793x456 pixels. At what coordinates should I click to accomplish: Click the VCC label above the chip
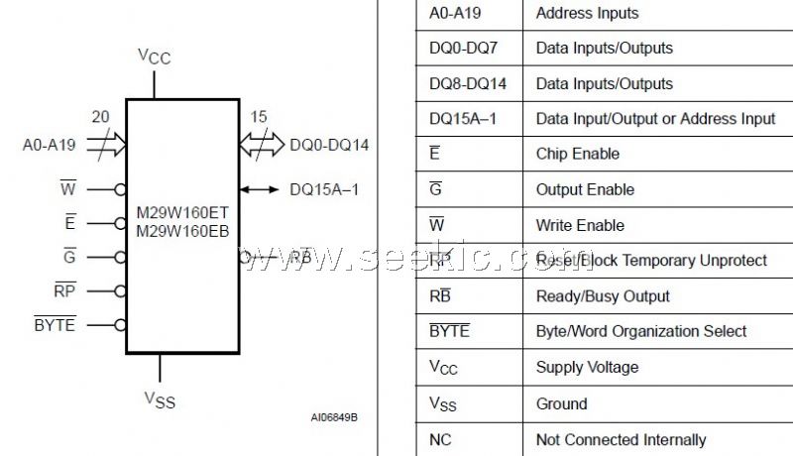tap(154, 57)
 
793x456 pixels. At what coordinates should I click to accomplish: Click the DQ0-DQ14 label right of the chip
tap(329, 145)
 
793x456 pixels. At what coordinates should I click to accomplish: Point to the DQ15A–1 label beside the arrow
tap(324, 187)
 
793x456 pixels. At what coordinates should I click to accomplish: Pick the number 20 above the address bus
tap(100, 117)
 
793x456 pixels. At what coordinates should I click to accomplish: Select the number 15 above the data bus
tap(258, 117)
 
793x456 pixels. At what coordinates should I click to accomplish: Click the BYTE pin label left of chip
tap(55, 323)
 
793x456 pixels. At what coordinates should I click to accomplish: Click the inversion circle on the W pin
tap(120, 188)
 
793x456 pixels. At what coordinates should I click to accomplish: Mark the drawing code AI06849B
tap(334, 417)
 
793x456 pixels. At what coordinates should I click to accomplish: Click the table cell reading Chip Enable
tap(577, 154)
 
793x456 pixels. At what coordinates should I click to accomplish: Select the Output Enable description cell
tap(585, 189)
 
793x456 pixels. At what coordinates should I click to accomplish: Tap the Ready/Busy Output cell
tap(603, 295)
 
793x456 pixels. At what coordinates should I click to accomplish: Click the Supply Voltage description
tap(587, 367)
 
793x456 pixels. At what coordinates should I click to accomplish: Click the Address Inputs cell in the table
tap(587, 13)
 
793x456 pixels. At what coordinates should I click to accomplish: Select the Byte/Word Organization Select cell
tap(641, 331)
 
